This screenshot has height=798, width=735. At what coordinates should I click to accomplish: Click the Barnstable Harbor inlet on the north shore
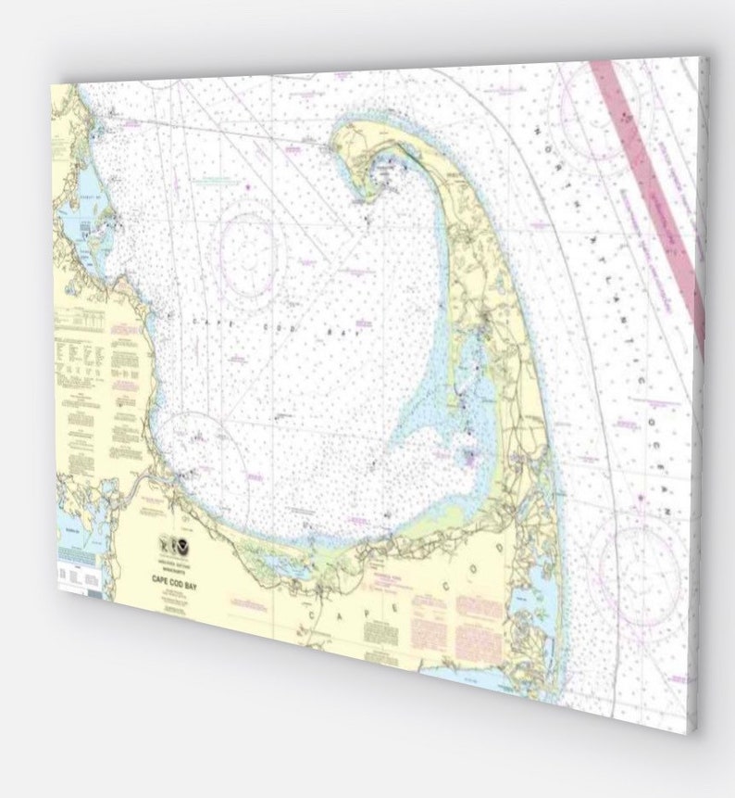[268, 563]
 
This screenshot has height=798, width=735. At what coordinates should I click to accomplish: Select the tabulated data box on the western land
[79, 320]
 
